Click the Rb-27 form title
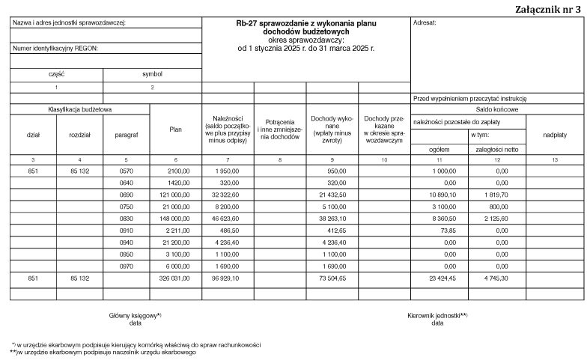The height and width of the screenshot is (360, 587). tap(306, 24)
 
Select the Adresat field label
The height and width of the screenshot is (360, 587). tap(425, 22)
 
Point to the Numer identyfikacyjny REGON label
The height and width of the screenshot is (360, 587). tap(55, 49)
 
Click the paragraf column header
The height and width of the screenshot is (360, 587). tap(127, 135)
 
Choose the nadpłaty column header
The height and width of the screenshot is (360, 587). tap(554, 135)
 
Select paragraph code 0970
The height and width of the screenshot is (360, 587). tap(127, 266)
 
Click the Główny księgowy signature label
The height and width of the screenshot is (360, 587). tap(136, 316)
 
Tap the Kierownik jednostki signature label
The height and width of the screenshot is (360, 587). tap(438, 316)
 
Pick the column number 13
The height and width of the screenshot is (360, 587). tap(554, 160)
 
